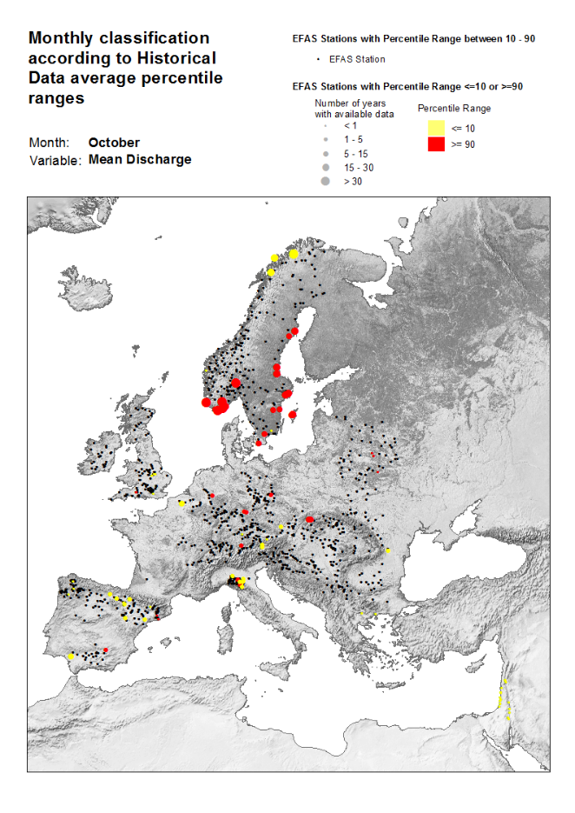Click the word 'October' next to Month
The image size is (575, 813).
pyautogui.click(x=114, y=143)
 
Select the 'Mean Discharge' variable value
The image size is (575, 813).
pyautogui.click(x=140, y=160)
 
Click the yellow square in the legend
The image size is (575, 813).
pyautogui.click(x=436, y=128)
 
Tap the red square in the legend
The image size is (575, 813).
pyautogui.click(x=436, y=144)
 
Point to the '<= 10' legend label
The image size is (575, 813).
pyautogui.click(x=463, y=129)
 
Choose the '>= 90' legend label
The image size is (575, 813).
pyautogui.click(x=463, y=144)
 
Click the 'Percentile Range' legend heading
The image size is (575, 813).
pyautogui.click(x=454, y=109)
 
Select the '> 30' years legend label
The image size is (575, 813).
pyautogui.click(x=353, y=182)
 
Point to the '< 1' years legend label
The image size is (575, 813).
pyautogui.click(x=350, y=126)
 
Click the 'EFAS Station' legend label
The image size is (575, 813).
pyautogui.click(x=357, y=59)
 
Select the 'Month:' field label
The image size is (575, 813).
pyautogui.click(x=50, y=143)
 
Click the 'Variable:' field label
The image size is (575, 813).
pyautogui.click(x=56, y=160)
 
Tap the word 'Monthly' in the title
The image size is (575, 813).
pyautogui.click(x=63, y=38)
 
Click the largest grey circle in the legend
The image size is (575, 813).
pyautogui.click(x=325, y=182)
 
